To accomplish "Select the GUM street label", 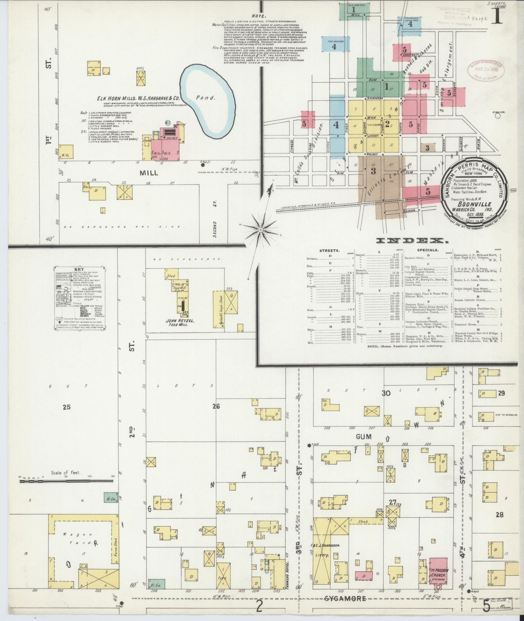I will click(x=363, y=437).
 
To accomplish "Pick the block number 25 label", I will click(x=66, y=407).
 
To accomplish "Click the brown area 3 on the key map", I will click(x=374, y=171).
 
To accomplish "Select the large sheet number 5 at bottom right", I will click(x=487, y=605).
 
